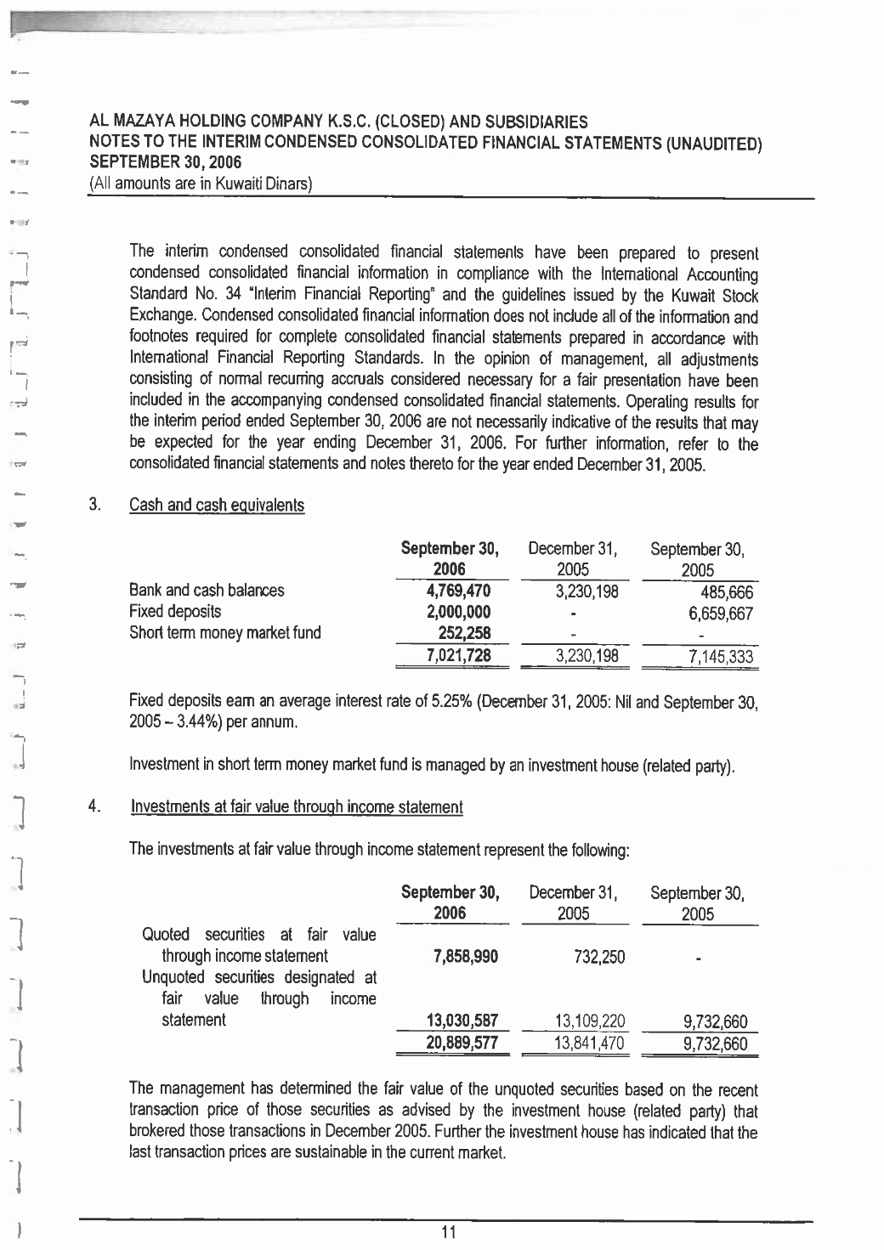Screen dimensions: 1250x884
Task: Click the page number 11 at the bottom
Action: (450, 1233)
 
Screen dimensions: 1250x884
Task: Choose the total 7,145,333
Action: (717, 657)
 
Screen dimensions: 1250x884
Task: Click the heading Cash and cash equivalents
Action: (217, 506)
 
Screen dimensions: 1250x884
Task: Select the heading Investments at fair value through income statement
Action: (297, 807)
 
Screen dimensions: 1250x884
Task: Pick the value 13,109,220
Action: (588, 1021)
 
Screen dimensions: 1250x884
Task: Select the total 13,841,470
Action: (588, 1044)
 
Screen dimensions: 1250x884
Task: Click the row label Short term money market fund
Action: (225, 632)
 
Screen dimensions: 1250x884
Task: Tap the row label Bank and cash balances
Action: (207, 590)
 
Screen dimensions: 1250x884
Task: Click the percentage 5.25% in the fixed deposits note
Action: (459, 703)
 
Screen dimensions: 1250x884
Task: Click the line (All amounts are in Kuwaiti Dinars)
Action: (203, 184)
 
